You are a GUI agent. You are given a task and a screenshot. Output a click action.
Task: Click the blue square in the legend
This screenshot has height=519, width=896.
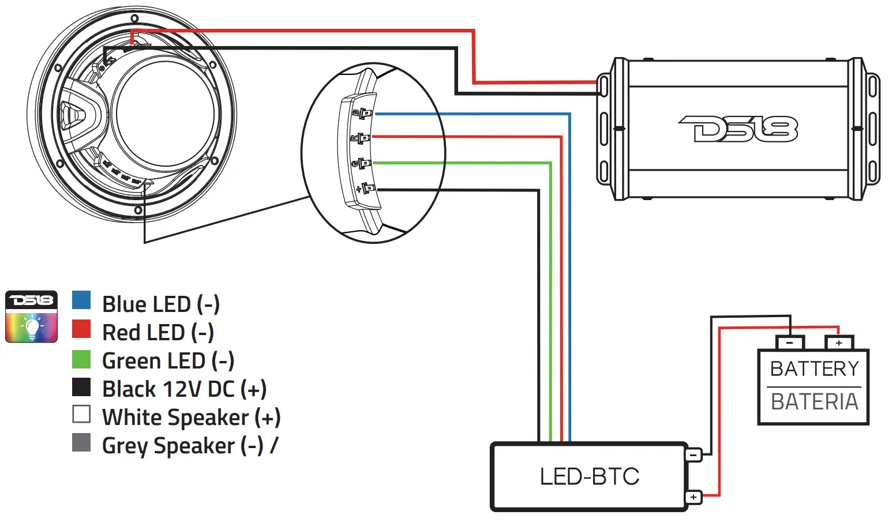pos(81,300)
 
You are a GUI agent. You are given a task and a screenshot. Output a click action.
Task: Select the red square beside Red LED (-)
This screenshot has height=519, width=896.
pos(81,329)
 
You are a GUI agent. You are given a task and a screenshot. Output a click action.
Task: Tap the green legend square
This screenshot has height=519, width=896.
pos(81,359)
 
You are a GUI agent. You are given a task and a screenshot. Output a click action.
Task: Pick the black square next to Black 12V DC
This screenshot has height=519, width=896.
pos(81,387)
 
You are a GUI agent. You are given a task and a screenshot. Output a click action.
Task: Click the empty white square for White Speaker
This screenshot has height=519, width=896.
pos(81,414)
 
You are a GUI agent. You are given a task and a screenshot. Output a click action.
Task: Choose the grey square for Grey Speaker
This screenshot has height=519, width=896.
pos(81,442)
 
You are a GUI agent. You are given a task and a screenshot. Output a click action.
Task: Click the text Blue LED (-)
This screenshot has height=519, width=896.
pos(161,304)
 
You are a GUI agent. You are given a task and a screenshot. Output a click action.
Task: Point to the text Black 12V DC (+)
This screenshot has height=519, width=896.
pos(184,389)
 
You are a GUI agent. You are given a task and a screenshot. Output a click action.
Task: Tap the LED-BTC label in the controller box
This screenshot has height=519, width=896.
pos(589,477)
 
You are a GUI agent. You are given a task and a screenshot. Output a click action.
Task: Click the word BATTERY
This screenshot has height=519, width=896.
pos(814,368)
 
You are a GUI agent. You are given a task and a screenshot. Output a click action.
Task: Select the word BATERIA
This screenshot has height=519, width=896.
pos(814,401)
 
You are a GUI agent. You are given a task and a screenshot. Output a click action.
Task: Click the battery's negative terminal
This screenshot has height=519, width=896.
pos(790,343)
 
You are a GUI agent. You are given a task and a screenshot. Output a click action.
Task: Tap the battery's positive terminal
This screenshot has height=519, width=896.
pos(839,343)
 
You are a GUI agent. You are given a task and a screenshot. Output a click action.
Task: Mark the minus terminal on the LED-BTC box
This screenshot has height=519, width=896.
pos(693,455)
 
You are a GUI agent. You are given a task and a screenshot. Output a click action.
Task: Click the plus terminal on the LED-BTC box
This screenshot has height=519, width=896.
pos(693,497)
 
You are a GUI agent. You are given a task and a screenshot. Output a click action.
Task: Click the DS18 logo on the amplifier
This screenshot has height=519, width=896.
pos(738,129)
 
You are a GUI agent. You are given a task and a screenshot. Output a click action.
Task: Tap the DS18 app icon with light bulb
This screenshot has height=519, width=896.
pos(32,317)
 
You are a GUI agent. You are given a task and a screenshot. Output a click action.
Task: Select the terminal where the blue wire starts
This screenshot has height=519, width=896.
pos(365,114)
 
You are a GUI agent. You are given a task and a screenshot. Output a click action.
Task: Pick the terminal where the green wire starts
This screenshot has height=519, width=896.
pos(364,164)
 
